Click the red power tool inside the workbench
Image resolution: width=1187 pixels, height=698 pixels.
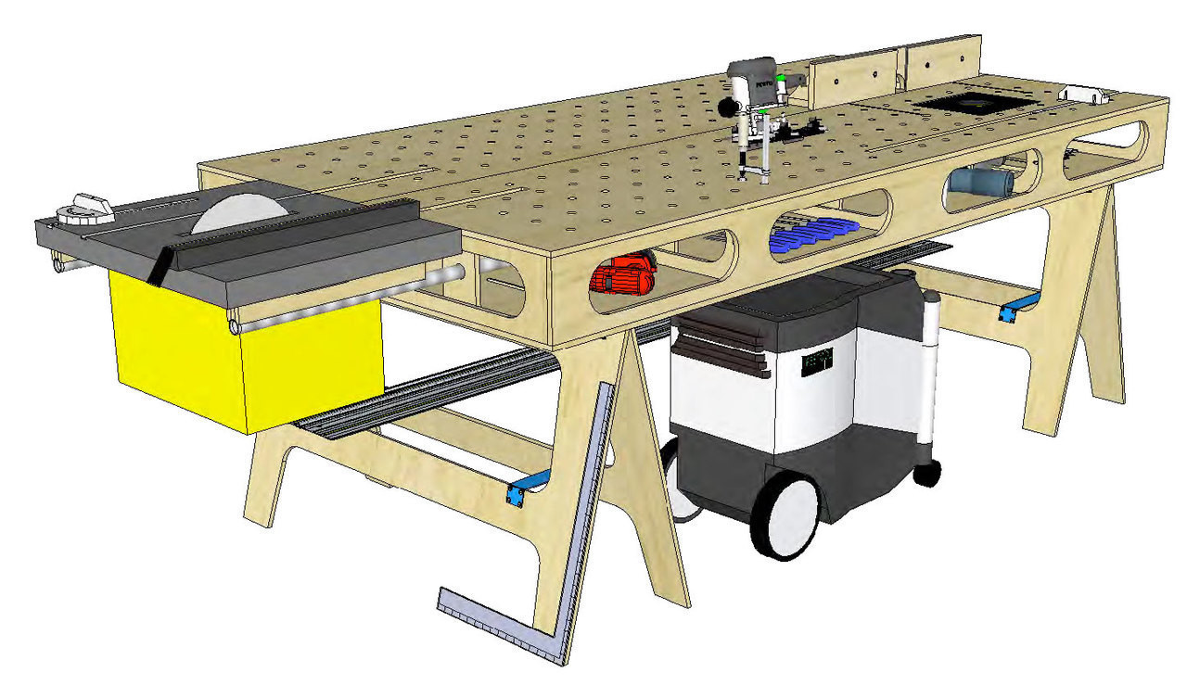pos(624,275)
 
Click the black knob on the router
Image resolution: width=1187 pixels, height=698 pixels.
pos(726,105)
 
